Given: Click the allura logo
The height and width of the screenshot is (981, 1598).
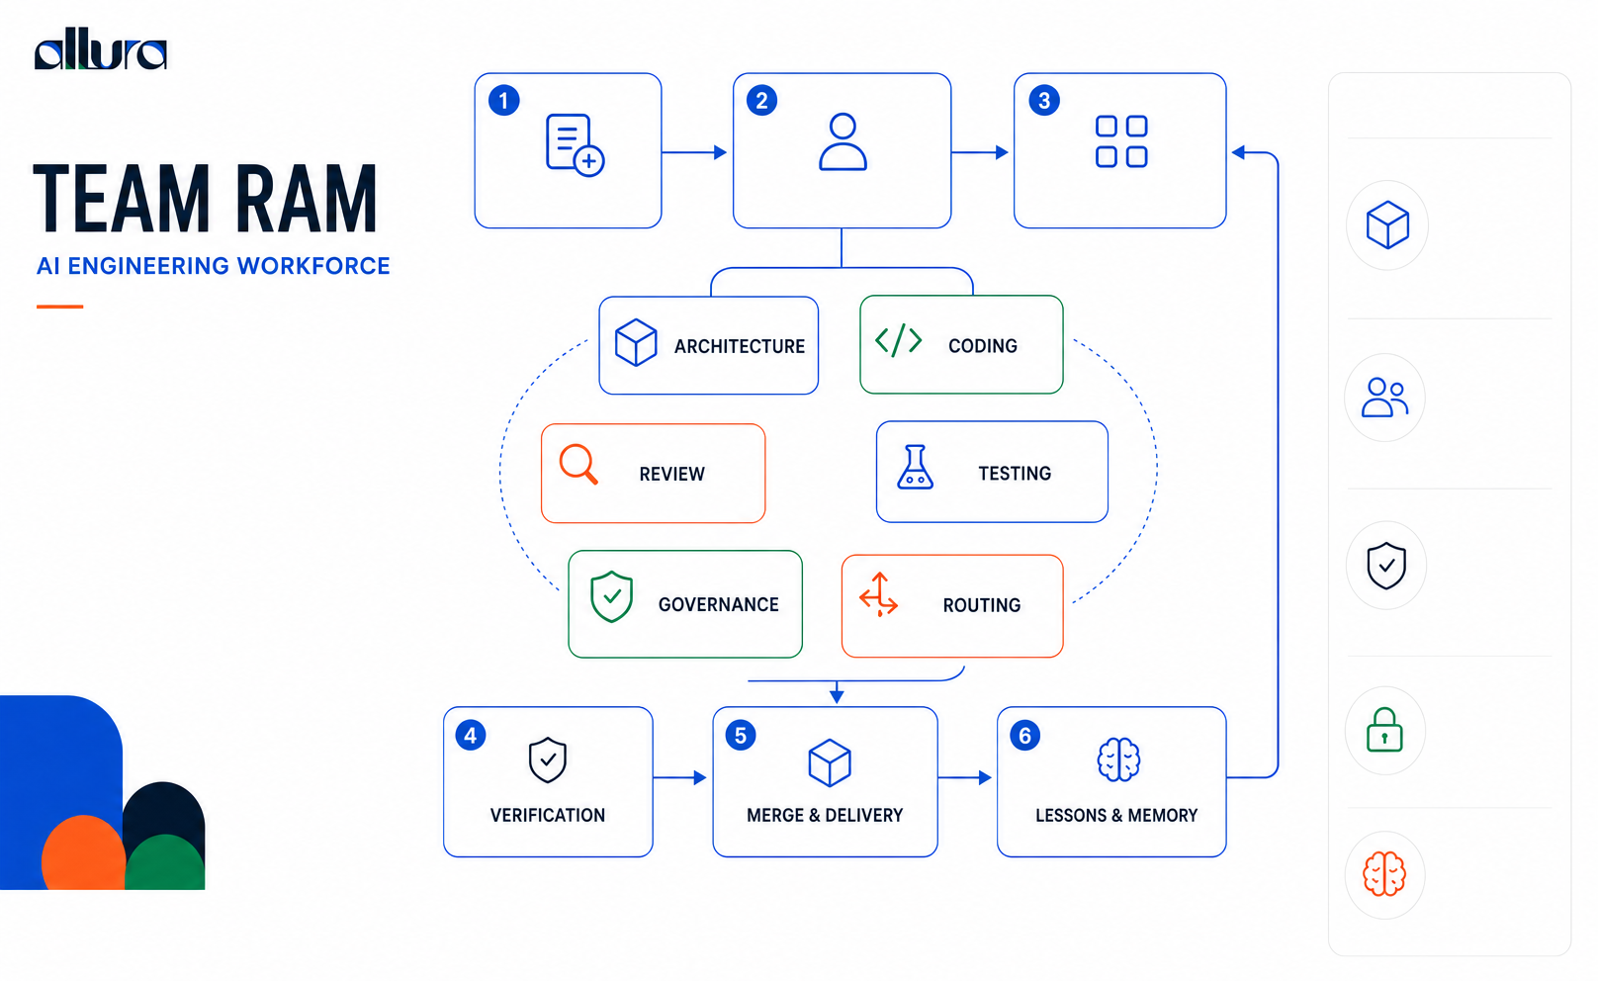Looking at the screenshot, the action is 101,49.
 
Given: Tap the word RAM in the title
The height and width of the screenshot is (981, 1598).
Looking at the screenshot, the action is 306,199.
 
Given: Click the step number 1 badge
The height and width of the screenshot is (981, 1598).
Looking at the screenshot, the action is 503,101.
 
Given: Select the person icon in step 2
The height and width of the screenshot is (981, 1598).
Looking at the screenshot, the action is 843,141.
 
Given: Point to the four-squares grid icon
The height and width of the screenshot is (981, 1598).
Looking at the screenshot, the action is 1120,141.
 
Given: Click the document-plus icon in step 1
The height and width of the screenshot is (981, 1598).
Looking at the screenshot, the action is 575,144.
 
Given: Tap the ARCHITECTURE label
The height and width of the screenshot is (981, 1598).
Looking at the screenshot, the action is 739,347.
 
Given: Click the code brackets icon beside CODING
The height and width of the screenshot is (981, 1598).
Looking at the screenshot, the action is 898,340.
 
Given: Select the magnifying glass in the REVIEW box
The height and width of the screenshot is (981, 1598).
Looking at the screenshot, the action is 577,465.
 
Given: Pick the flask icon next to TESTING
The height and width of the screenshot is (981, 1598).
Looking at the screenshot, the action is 915,468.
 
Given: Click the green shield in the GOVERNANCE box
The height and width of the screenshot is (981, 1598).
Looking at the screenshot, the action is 611,596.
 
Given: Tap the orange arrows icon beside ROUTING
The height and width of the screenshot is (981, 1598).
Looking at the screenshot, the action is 879,594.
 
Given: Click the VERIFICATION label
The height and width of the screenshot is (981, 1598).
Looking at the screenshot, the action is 547,816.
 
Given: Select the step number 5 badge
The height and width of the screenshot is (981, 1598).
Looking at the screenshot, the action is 741,736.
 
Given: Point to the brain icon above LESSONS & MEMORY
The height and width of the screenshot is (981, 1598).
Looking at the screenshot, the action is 1118,759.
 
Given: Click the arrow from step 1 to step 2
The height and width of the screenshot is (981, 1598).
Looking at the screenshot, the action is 694,152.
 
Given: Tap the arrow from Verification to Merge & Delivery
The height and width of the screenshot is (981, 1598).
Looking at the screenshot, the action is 680,777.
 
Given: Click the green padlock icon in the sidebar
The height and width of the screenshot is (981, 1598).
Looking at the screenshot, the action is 1384,730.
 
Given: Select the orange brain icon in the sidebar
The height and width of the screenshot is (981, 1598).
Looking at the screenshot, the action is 1384,874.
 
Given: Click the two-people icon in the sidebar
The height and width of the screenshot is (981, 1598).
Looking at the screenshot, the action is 1384,398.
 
